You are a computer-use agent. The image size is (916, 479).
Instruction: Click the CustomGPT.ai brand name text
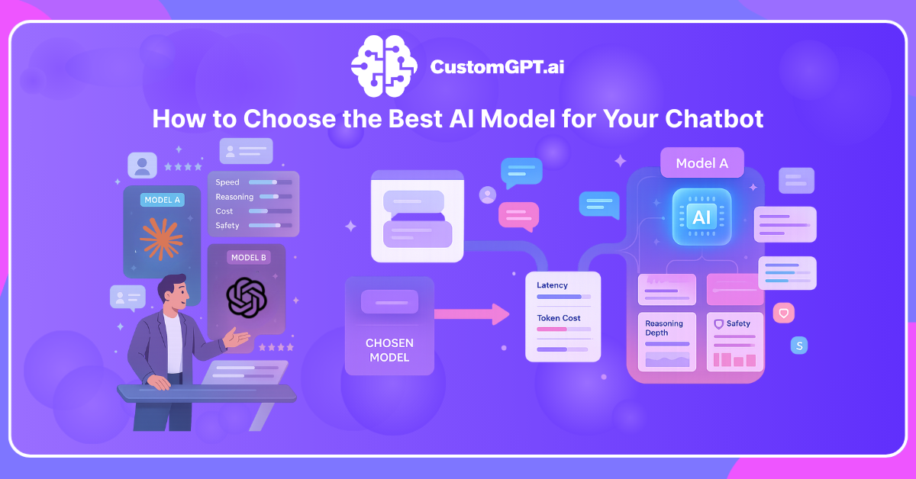(497, 68)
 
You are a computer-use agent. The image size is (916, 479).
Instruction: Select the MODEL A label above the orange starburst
(161, 200)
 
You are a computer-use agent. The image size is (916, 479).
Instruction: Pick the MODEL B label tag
(248, 258)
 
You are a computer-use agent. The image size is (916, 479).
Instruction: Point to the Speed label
(227, 182)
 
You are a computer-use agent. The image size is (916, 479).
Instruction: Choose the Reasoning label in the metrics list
(234, 197)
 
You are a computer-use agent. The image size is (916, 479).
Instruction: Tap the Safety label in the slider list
(227, 226)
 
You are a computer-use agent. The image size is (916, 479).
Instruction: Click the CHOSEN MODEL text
(389, 350)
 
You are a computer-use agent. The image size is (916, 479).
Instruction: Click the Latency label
(552, 285)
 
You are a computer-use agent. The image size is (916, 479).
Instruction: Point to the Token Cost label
(558, 318)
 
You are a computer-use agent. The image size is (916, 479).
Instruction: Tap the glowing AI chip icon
(702, 217)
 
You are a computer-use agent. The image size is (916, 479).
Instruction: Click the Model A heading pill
(702, 163)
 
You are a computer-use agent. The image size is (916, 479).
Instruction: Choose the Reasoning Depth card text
(664, 328)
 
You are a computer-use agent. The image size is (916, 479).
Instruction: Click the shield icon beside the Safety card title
(718, 324)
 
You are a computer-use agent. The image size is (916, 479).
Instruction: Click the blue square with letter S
(800, 346)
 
